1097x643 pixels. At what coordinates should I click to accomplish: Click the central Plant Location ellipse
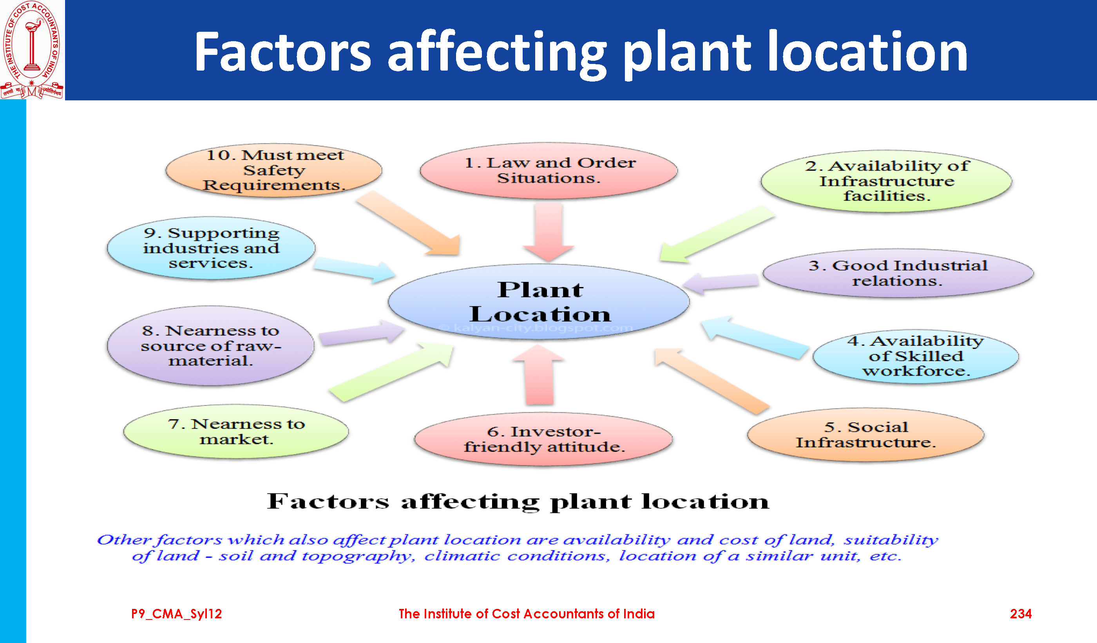[x=538, y=302]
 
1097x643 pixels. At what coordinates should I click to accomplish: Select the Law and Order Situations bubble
[x=548, y=171]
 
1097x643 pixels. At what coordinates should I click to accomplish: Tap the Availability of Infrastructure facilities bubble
[x=886, y=181]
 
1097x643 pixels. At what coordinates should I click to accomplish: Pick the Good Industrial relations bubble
[x=898, y=273]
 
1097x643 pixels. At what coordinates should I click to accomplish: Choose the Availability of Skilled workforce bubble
[x=916, y=356]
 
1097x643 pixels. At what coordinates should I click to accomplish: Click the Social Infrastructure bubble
[x=865, y=434]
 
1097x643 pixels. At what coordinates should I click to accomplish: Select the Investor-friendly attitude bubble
[x=543, y=439]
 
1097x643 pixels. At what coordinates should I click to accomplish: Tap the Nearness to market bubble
[x=236, y=431]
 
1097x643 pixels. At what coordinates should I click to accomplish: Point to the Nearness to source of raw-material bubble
[x=211, y=345]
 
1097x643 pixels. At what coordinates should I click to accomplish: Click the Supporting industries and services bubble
[x=211, y=248]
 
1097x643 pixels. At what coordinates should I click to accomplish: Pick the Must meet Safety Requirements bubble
[x=274, y=170]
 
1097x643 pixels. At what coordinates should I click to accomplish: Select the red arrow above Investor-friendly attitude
[x=539, y=375]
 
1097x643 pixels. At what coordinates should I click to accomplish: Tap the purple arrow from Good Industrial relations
[x=720, y=283]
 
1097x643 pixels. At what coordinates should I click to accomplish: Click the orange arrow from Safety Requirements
[x=408, y=223]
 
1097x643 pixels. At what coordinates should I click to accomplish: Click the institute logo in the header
[x=32, y=50]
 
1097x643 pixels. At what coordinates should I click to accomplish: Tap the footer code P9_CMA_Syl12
[x=176, y=614]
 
